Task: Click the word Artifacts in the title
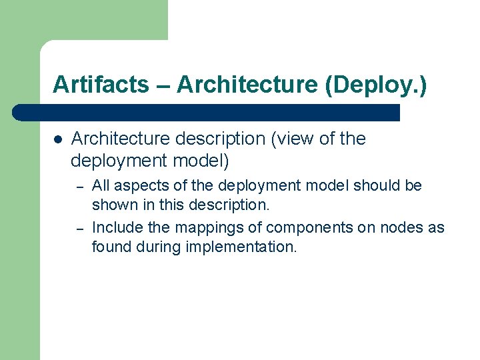(x=101, y=85)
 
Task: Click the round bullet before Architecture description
(x=58, y=140)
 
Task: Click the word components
(x=307, y=227)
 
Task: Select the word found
(x=111, y=247)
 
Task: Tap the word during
(x=158, y=247)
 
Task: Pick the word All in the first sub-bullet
(x=101, y=185)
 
